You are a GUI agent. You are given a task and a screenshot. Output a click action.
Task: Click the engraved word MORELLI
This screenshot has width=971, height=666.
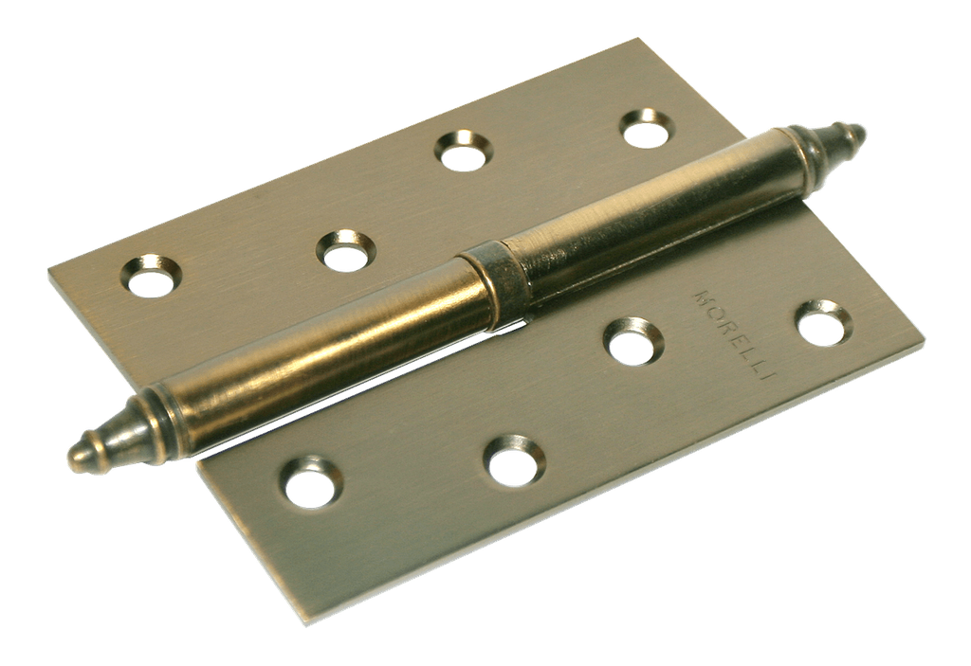[735, 333]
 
